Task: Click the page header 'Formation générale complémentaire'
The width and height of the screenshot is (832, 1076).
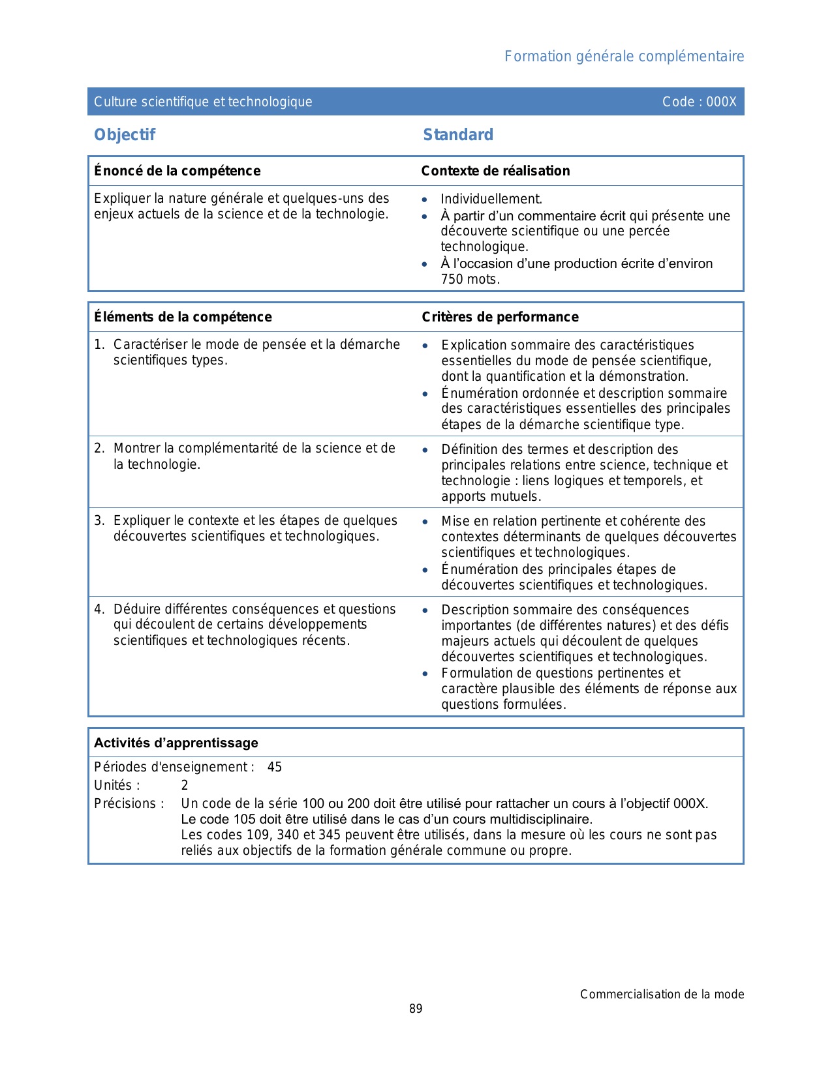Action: coord(624,57)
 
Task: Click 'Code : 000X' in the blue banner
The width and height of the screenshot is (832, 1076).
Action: coord(699,102)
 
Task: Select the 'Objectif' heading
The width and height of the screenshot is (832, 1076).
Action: coord(125,135)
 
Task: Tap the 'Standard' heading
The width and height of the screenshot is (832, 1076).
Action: coord(458,135)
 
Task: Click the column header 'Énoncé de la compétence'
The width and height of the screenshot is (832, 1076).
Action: coord(177,171)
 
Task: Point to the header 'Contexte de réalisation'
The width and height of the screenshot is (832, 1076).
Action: coord(495,171)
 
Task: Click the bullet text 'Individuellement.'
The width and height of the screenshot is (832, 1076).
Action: coord(491,200)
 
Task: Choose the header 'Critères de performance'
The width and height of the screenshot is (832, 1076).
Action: coord(500,317)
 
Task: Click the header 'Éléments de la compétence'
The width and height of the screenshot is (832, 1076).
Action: coord(183,317)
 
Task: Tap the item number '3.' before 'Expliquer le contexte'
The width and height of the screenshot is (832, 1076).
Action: coord(99,520)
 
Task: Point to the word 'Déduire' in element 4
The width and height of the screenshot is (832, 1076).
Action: coord(135,609)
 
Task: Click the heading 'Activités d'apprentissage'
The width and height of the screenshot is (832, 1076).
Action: coord(176,743)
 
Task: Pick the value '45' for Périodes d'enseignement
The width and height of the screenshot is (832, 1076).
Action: coord(275,768)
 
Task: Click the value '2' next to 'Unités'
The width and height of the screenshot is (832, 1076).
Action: coord(185,786)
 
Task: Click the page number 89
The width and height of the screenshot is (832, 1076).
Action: coord(416,1009)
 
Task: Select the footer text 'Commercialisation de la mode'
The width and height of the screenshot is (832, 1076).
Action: coord(662,994)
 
